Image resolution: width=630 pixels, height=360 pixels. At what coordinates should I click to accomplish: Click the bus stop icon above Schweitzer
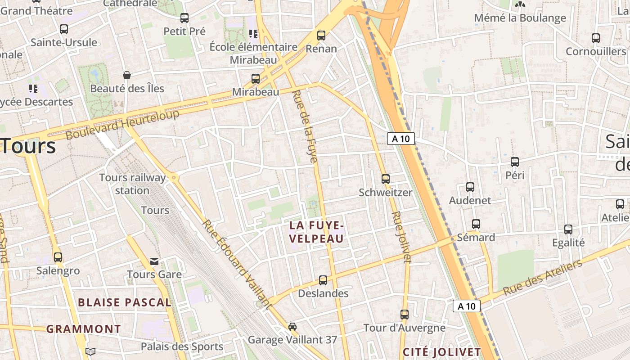pos(386,179)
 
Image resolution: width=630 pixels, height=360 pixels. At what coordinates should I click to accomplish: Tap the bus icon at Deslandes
pos(323,280)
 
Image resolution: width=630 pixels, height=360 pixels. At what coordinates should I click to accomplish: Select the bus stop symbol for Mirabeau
pos(256,78)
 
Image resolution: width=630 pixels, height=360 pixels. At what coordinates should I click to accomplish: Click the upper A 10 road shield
pos(400,139)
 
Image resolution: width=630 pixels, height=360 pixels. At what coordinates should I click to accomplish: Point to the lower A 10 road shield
pos(467,306)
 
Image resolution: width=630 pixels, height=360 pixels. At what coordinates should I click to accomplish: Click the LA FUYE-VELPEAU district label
pos(317,232)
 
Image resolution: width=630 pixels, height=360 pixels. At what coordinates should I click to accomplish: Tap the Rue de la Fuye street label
pos(306,126)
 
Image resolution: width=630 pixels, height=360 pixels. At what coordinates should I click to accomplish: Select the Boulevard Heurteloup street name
pos(122,123)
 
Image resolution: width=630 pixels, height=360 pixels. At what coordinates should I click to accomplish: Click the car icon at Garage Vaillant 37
pos(292,326)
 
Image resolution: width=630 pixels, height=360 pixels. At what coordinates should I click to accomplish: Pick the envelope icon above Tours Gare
pos(154,261)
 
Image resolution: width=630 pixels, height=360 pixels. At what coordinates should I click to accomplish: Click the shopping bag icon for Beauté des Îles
pos(127,75)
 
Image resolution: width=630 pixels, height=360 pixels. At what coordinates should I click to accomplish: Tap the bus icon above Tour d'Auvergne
pos(405,314)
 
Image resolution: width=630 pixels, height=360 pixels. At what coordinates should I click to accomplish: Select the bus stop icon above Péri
pos(515,162)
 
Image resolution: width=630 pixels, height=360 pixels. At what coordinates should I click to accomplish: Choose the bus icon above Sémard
pos(476,224)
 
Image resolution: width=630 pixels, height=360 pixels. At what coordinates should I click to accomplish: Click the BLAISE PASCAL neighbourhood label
pos(125,302)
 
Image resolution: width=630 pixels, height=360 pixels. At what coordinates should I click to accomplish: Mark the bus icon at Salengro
pos(58,257)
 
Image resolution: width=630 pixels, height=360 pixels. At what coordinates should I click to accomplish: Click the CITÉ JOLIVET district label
pos(442,351)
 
